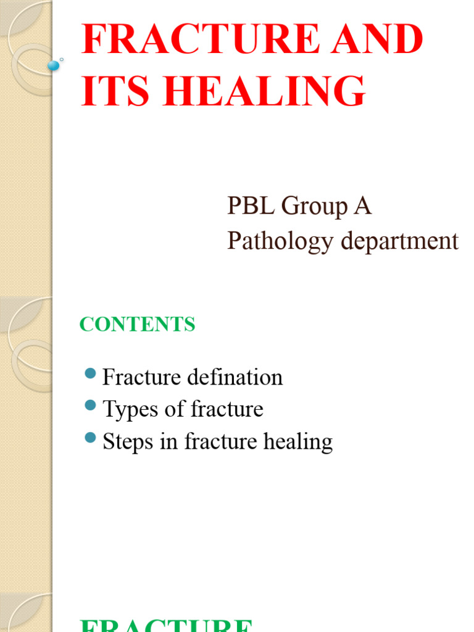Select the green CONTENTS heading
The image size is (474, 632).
137,324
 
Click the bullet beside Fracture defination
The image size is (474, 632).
90,373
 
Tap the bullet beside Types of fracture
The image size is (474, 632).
90,405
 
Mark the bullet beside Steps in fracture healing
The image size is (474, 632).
90,438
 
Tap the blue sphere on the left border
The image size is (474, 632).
54,65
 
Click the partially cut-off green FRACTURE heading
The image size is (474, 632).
167,625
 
